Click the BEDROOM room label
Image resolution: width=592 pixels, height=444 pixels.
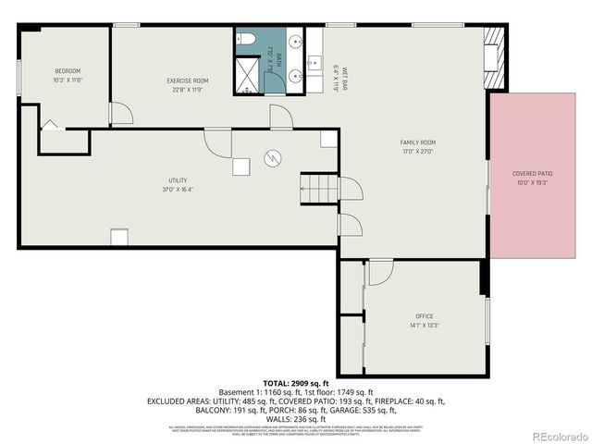coord(68,71)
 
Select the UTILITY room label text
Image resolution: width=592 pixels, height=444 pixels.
coord(178,179)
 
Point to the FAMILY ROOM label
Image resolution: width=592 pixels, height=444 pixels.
coord(417,142)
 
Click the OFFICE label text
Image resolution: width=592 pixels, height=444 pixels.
coord(425,316)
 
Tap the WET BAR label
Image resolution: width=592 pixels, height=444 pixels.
coord(343,77)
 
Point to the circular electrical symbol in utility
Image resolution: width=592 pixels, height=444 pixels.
coord(273,158)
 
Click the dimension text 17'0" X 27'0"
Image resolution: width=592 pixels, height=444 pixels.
coord(417,151)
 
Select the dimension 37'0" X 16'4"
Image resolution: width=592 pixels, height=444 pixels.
coord(178,189)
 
